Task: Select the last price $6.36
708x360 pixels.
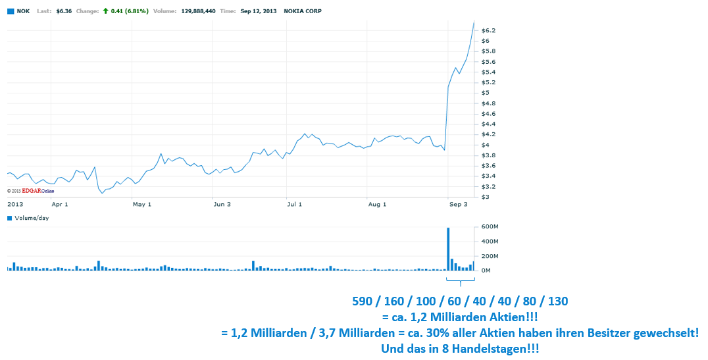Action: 64,11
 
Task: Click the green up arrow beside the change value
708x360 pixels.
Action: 105,11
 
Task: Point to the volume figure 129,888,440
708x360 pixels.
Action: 197,11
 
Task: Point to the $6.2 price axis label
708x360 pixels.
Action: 488,31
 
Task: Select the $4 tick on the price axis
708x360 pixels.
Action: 486,145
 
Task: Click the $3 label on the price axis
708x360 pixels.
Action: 486,197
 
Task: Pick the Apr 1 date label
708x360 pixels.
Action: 60,205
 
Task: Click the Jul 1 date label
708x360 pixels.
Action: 294,205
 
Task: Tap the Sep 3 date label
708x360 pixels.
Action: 458,205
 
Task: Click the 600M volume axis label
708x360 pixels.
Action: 491,227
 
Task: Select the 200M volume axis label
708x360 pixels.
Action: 491,256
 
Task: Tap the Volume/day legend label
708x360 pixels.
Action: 32,218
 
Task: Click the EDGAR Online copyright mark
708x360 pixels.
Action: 30,191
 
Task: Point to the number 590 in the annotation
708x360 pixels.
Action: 363,301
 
